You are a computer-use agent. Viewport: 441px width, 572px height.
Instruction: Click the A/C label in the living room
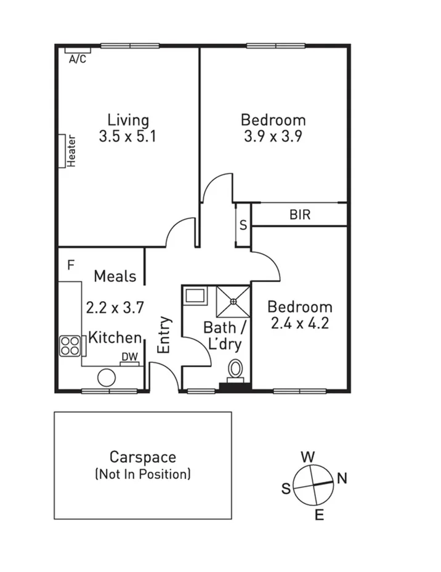click(78, 59)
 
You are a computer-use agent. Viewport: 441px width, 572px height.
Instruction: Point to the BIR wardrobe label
click(300, 215)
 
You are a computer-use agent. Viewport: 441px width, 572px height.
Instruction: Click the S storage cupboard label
click(243, 225)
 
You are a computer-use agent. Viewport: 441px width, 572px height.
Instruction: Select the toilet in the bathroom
click(235, 370)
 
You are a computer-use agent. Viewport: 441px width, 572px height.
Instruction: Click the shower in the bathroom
click(233, 301)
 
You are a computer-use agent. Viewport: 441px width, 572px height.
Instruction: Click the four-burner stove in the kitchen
click(70, 346)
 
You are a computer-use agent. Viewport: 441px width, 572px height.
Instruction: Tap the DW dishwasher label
click(129, 357)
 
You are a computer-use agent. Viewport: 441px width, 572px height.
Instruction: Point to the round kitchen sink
click(107, 377)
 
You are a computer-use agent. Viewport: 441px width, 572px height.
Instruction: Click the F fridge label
click(71, 265)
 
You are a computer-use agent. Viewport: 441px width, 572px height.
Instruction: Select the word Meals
click(115, 276)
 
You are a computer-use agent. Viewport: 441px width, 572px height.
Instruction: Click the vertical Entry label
click(164, 335)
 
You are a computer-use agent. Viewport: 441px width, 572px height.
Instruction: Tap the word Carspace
click(143, 457)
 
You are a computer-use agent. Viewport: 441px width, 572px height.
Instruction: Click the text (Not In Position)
click(143, 474)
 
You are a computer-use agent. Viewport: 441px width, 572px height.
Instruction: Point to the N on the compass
click(342, 478)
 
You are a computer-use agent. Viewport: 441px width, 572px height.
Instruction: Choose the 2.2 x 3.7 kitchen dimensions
click(115, 307)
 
